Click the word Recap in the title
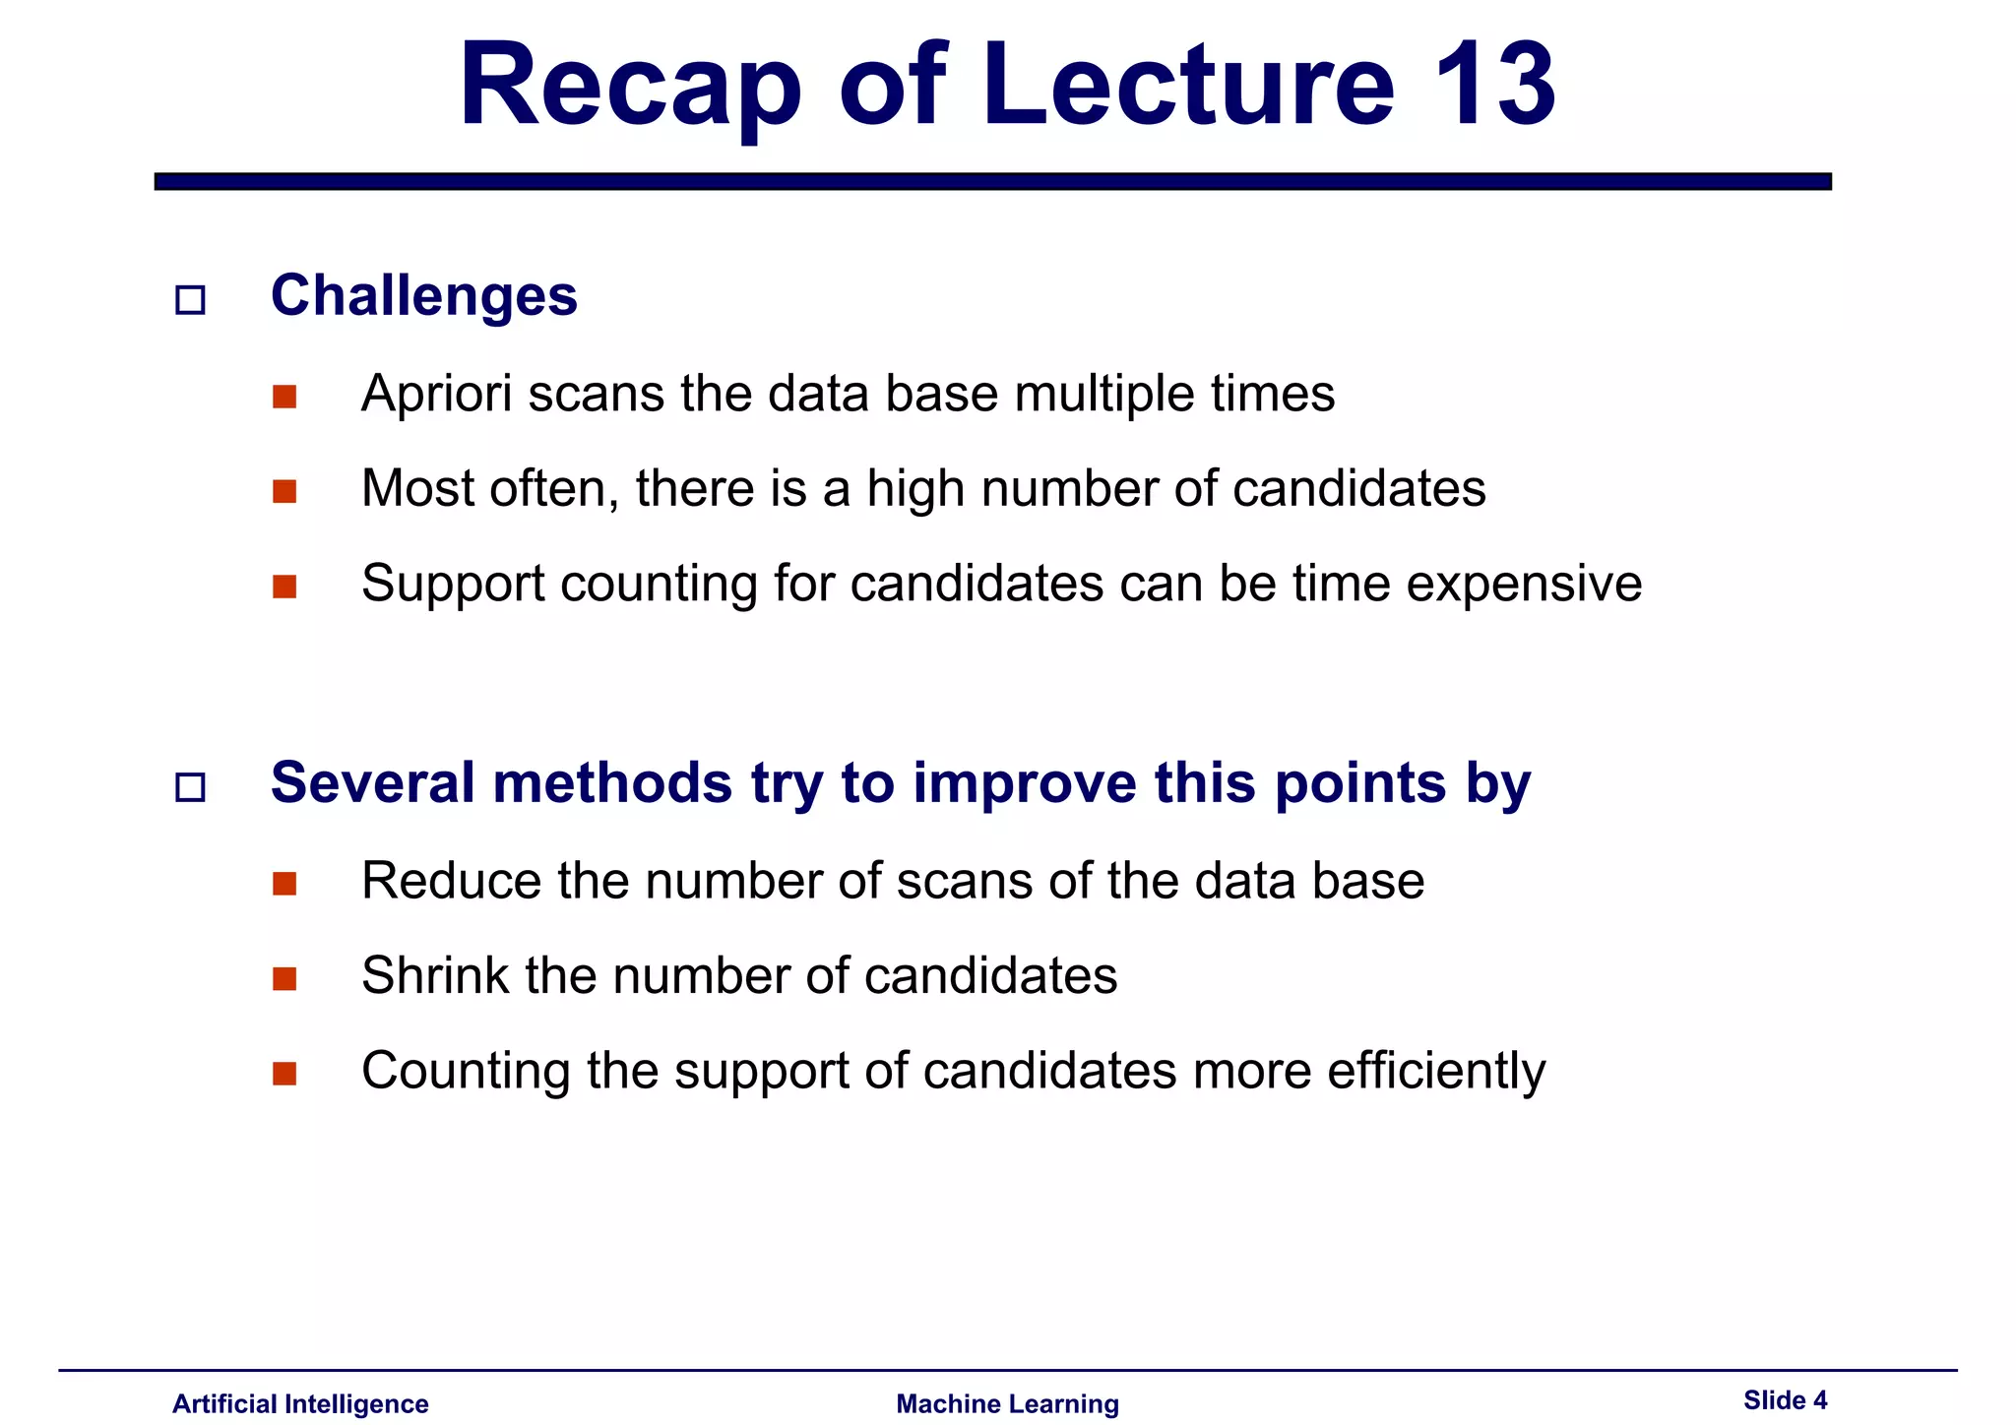tap(630, 86)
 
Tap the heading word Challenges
tap(424, 295)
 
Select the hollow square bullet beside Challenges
tap(190, 299)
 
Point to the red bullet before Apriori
tap(284, 397)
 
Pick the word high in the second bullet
tap(915, 488)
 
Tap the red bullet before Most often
tap(284, 491)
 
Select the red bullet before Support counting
tap(284, 587)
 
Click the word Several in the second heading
tap(374, 782)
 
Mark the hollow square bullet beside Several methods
tap(190, 787)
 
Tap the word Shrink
tap(435, 975)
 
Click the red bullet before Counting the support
tap(284, 1074)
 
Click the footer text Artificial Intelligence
tap(300, 1403)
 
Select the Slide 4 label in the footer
tap(1785, 1399)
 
